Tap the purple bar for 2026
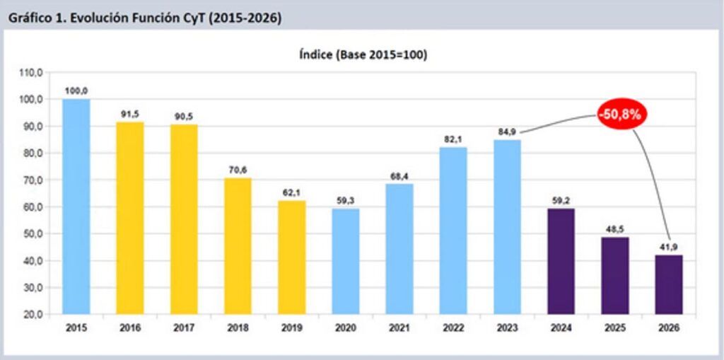pyautogui.click(x=668, y=284)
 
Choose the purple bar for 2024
pyautogui.click(x=561, y=261)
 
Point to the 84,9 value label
pyautogui.click(x=508, y=130)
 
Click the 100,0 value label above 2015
pyautogui.click(x=76, y=90)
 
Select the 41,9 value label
pyautogui.click(x=668, y=246)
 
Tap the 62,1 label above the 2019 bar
pyautogui.click(x=291, y=192)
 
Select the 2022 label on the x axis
pyautogui.click(x=453, y=328)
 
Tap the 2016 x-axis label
pyautogui.click(x=130, y=328)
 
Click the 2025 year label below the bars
pyautogui.click(x=614, y=328)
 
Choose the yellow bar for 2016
pyautogui.click(x=130, y=218)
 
